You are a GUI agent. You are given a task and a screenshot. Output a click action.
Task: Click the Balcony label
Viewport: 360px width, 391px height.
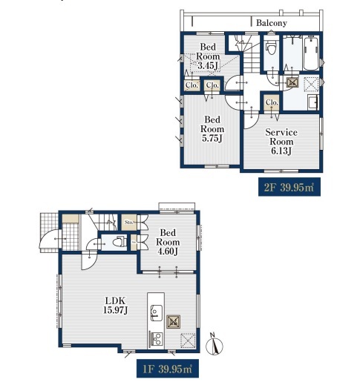click(272, 23)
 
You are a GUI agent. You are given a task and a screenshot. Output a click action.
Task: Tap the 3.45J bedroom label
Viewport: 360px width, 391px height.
click(208, 56)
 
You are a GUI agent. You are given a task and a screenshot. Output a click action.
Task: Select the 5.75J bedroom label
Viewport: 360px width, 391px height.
click(212, 128)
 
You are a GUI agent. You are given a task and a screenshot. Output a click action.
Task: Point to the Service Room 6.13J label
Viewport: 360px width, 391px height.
click(281, 142)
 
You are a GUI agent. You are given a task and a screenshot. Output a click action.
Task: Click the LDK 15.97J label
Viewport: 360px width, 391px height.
click(116, 305)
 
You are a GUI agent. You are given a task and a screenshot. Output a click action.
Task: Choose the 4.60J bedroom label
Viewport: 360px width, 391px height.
click(168, 242)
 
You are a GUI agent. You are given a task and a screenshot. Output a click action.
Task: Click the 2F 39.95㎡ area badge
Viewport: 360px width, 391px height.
click(289, 187)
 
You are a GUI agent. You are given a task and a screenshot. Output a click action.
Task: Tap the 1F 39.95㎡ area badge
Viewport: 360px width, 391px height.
click(168, 369)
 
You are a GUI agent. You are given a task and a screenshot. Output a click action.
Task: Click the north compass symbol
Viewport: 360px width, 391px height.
click(214, 344)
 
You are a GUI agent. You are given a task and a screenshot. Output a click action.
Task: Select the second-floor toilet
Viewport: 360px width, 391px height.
click(271, 49)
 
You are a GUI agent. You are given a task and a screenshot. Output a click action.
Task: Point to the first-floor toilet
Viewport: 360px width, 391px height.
click(120, 242)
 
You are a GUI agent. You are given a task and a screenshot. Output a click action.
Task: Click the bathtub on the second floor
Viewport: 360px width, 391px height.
click(311, 53)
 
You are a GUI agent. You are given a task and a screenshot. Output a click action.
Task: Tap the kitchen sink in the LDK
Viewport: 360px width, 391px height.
click(156, 312)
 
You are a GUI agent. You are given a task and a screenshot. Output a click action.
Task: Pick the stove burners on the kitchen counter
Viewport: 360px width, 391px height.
click(156, 339)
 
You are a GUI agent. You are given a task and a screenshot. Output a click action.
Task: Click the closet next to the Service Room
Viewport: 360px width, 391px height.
click(272, 102)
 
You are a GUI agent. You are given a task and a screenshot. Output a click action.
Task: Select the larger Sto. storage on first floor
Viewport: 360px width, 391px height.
click(128, 223)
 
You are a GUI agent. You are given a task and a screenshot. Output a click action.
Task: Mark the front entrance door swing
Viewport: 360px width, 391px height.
click(50, 239)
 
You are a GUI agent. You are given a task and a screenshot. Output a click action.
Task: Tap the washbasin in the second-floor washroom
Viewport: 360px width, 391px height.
click(312, 102)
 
